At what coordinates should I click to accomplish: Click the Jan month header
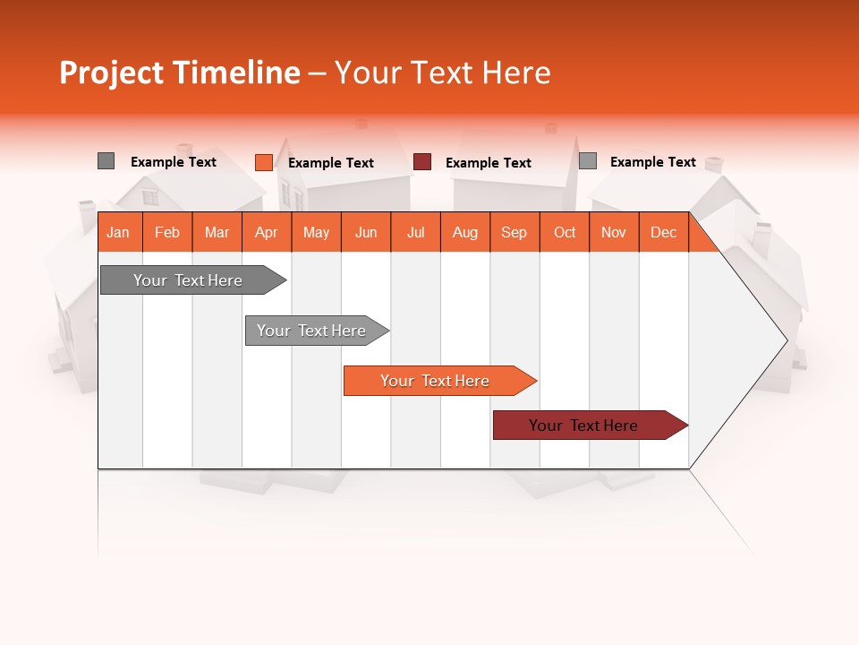[118, 232]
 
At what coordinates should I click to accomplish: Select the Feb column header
[167, 232]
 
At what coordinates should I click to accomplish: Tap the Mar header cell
[217, 232]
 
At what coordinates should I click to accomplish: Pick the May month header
[316, 232]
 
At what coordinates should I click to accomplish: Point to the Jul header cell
[415, 232]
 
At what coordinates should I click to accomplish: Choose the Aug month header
[465, 232]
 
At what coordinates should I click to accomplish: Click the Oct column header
[565, 232]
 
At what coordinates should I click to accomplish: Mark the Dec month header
[663, 232]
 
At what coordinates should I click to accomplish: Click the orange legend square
[263, 162]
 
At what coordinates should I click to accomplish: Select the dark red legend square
[422, 162]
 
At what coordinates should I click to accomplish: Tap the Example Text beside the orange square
[331, 163]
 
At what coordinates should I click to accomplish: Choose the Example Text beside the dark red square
[489, 163]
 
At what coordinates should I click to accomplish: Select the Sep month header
[514, 232]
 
